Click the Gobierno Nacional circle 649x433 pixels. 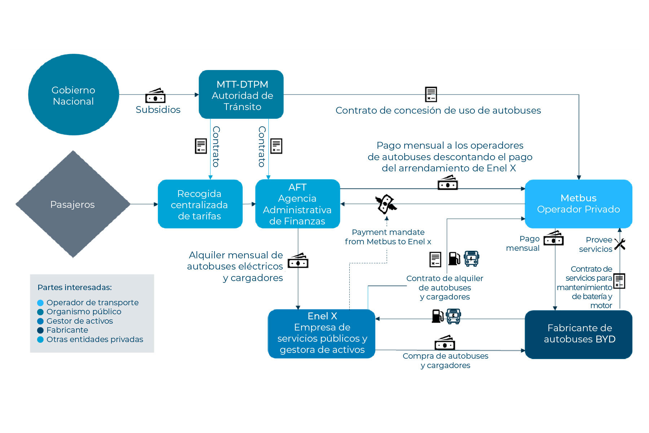(74, 95)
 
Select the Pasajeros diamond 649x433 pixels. (73, 204)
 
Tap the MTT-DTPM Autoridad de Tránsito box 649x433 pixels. (241, 95)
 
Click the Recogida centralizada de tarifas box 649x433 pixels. (200, 204)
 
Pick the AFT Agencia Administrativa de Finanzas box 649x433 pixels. (298, 204)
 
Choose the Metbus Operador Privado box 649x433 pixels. (579, 204)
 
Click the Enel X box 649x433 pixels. (322, 334)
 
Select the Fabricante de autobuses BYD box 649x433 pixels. (579, 334)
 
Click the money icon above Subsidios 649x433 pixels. (155, 96)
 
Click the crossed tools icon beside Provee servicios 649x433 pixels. (620, 244)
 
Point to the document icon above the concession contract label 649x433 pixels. (431, 95)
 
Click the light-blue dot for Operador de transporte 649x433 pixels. (40, 303)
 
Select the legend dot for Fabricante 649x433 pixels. (40, 330)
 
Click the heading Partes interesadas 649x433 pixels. (75, 288)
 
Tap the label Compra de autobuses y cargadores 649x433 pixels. (446, 360)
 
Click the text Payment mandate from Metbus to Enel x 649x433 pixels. (388, 237)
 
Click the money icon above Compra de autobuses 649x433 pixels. (445, 343)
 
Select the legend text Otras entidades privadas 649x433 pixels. (95, 340)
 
